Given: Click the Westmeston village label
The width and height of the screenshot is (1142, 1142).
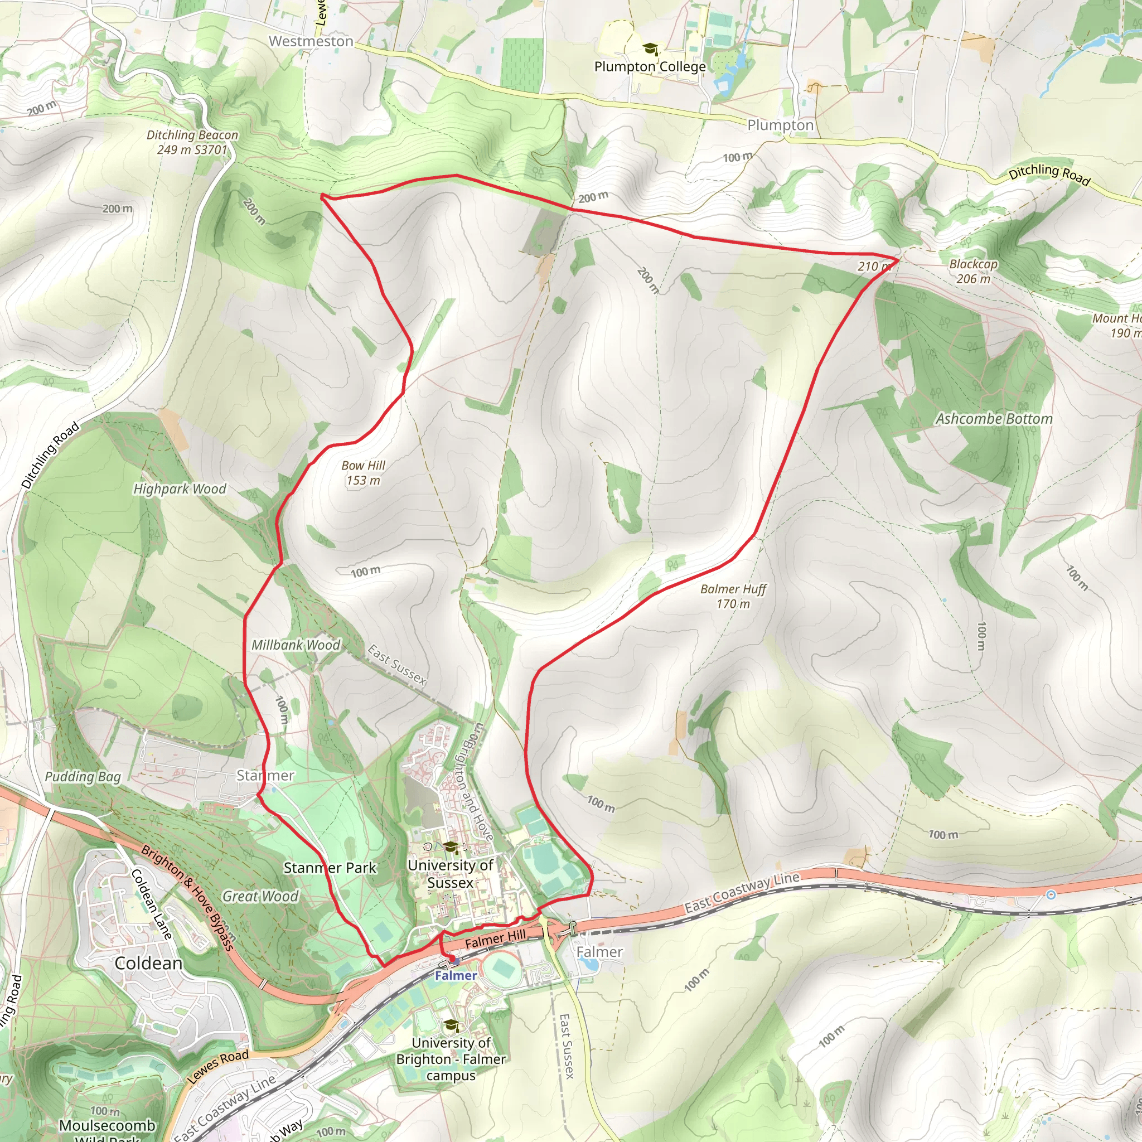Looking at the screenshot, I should click(x=311, y=41).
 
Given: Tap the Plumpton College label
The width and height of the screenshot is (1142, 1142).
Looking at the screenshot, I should click(x=650, y=67).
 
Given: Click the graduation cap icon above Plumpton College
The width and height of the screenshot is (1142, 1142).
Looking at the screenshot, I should click(x=650, y=49).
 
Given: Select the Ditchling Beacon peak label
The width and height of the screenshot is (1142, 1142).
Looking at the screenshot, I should click(x=192, y=142).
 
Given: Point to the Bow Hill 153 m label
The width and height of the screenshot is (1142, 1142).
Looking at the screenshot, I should click(x=363, y=473).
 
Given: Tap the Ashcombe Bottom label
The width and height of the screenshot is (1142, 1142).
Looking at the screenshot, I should click(x=994, y=419).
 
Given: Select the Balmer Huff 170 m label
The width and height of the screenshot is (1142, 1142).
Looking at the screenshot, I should click(x=733, y=596).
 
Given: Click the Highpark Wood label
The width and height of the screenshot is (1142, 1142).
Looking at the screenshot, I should click(x=180, y=489).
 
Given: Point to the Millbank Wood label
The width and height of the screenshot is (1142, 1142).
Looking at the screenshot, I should click(x=296, y=645).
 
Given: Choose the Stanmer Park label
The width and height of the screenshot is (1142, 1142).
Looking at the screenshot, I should click(x=330, y=868).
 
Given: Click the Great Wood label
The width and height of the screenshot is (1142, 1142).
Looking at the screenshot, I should click(x=260, y=896).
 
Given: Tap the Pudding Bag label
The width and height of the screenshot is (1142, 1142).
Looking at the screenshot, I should click(x=83, y=777).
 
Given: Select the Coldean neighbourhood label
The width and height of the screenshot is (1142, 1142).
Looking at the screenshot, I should click(x=148, y=963).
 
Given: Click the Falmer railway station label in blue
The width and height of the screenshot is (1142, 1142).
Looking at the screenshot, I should click(x=455, y=975).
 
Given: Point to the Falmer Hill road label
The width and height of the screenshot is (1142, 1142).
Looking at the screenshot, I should click(x=495, y=938).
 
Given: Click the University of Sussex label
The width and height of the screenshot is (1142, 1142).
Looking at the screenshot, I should click(x=451, y=874).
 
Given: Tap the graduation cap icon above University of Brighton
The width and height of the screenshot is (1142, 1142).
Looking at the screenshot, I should click(x=451, y=1025).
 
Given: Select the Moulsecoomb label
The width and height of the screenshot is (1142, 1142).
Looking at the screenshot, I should click(x=107, y=1125).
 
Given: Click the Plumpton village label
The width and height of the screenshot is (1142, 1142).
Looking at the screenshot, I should click(x=780, y=125).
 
